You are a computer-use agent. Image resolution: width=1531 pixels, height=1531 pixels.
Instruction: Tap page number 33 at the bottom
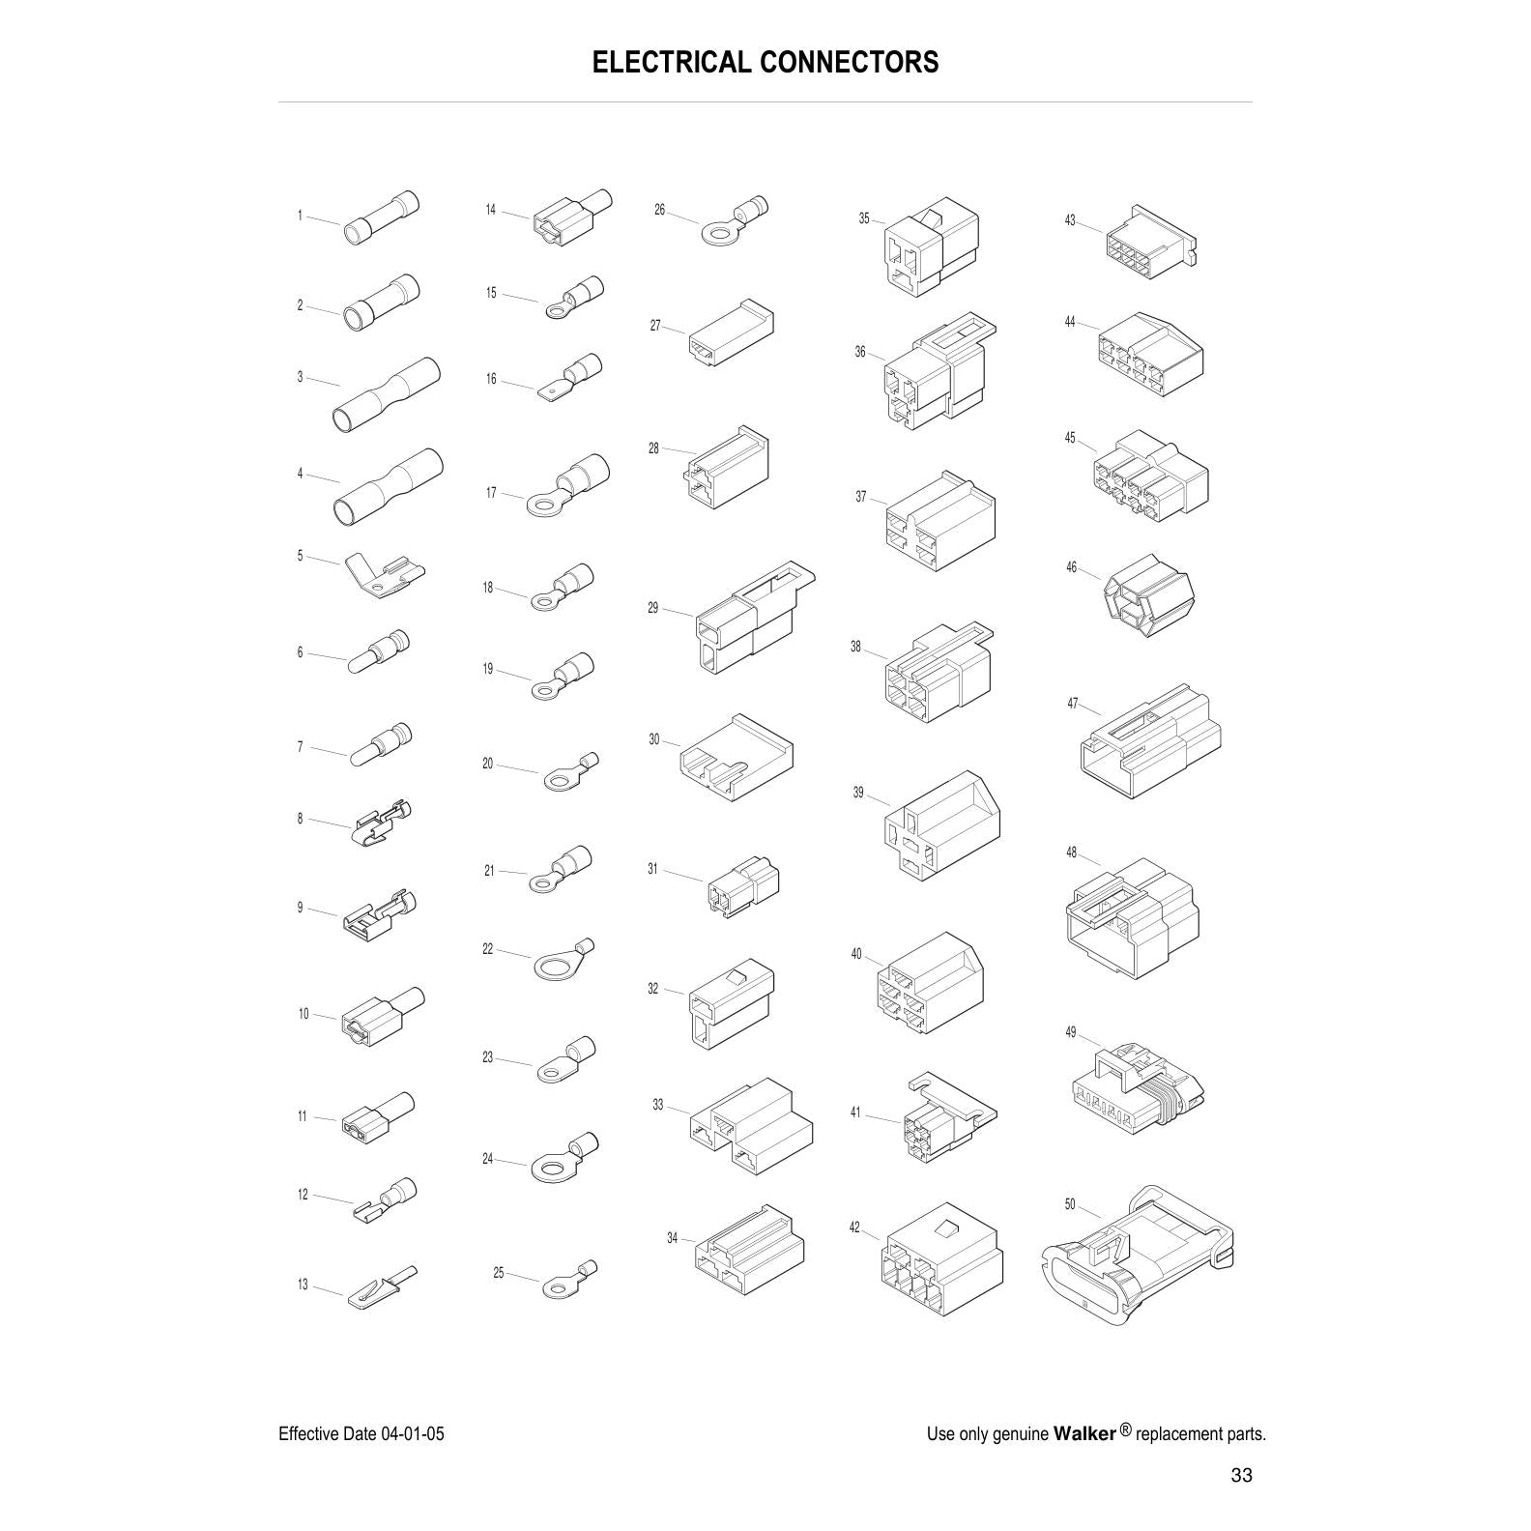[1241, 1475]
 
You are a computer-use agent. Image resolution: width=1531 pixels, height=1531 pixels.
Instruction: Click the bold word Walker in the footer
[1084, 1432]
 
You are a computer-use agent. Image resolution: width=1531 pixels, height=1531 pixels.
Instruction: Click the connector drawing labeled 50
[1141, 1256]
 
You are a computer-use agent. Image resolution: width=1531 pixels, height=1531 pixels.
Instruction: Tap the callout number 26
[659, 210]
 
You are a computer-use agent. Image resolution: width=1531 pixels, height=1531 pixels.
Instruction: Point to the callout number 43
[1070, 220]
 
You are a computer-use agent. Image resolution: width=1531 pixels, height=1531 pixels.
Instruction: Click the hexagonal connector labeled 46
[1149, 595]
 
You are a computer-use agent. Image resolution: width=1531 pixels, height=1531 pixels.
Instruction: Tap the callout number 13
[303, 1285]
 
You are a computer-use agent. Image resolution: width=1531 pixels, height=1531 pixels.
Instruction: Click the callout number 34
[672, 1238]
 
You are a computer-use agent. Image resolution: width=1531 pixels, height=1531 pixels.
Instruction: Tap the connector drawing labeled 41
[947, 1116]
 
